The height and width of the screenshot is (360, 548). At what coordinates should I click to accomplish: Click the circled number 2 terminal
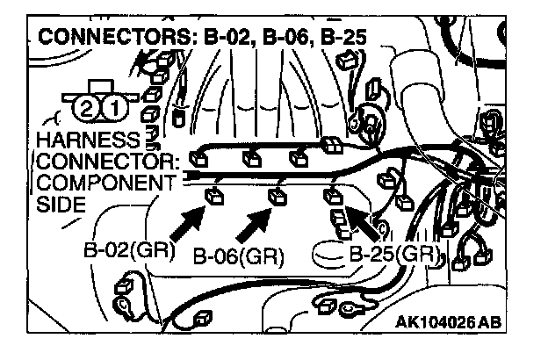pyautogui.click(x=85, y=108)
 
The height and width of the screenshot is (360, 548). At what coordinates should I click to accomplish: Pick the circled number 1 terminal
pyautogui.click(x=112, y=108)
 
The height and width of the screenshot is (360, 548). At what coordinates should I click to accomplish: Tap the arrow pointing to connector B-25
pyautogui.click(x=364, y=223)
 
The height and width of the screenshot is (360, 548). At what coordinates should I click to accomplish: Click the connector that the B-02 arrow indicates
pyautogui.click(x=213, y=194)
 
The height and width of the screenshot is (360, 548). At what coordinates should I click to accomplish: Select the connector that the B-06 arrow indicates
pyautogui.click(x=278, y=196)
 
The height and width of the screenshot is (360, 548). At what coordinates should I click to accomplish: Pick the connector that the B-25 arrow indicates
pyautogui.click(x=334, y=196)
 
